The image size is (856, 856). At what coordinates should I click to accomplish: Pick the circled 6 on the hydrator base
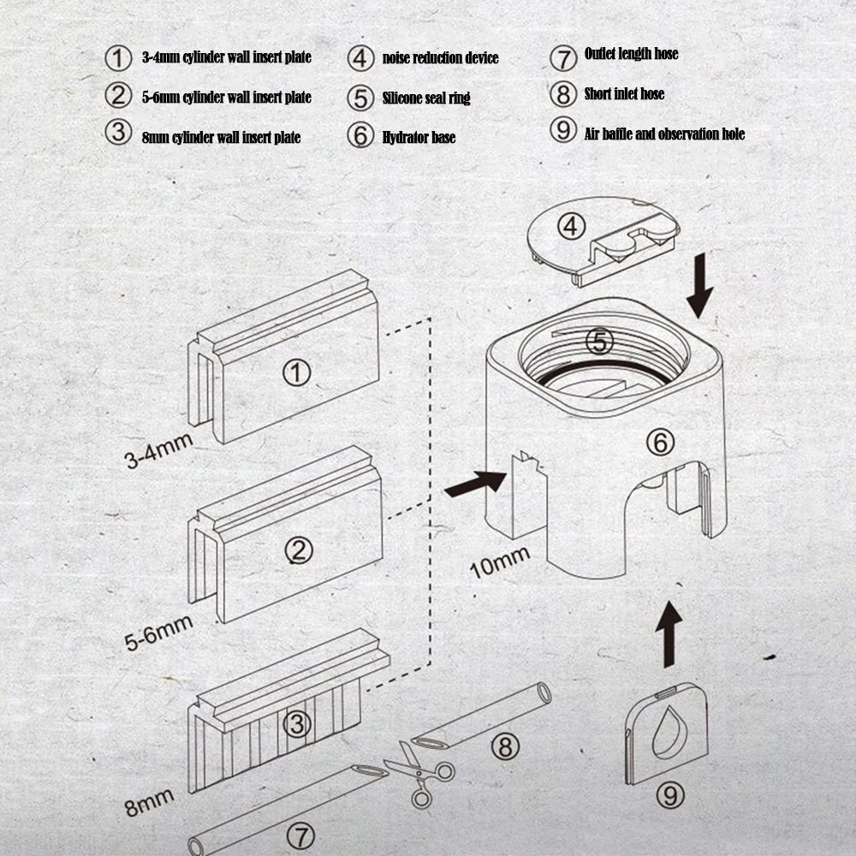coord(659,443)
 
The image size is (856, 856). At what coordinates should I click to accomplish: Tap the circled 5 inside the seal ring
coord(600,342)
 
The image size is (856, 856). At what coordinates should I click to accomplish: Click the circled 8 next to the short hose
coord(506,746)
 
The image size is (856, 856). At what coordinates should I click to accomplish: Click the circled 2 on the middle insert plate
coord(298,550)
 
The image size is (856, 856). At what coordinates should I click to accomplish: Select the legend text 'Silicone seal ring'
coord(425,98)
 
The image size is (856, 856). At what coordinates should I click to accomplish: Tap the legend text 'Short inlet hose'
coord(624,94)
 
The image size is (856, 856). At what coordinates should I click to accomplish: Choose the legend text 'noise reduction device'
coord(440,58)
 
